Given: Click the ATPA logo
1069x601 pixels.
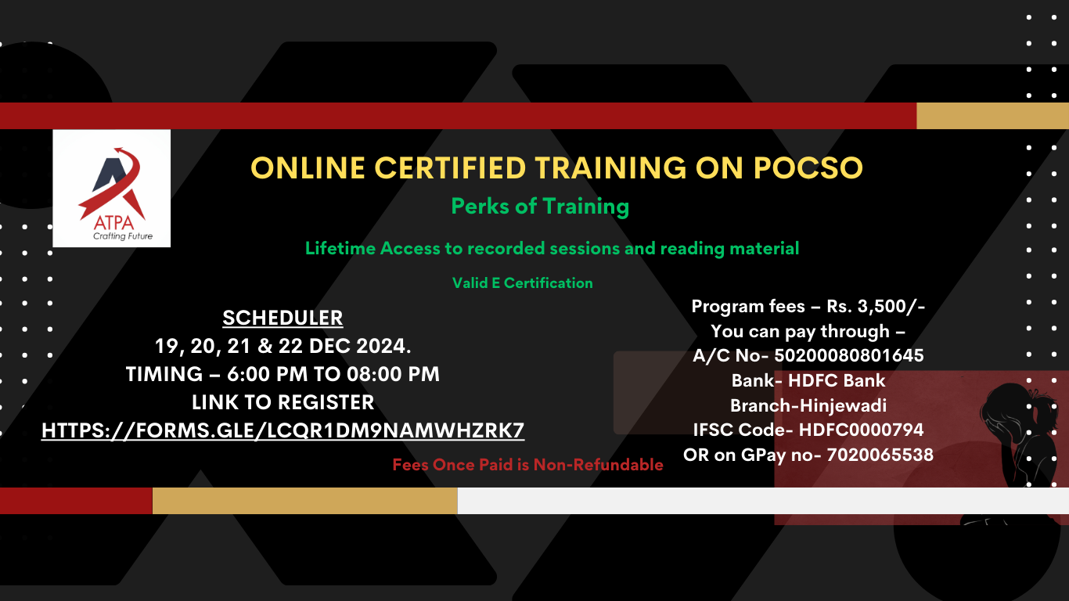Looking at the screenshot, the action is [x=111, y=189].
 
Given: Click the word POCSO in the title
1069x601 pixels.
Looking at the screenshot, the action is [x=808, y=168].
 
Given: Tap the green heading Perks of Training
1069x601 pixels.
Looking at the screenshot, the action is [x=540, y=207].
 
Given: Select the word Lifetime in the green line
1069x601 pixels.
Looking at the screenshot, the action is [x=340, y=248].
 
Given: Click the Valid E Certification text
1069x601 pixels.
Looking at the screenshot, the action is [x=523, y=283].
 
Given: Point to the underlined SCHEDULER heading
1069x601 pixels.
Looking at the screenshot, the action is [x=283, y=318].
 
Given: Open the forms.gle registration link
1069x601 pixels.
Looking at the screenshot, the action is [x=283, y=430].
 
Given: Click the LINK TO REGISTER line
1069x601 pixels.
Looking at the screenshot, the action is [x=283, y=402].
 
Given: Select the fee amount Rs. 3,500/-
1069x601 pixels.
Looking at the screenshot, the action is [x=876, y=307].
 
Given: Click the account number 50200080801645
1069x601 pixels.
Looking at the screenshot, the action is [x=848, y=355].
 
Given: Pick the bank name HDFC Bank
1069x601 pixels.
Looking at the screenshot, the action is [x=836, y=380].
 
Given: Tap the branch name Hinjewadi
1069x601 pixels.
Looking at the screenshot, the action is [x=840, y=406].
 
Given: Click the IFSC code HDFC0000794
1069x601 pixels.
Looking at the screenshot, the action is [x=861, y=430].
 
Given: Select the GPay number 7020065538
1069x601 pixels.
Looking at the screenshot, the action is [x=880, y=455].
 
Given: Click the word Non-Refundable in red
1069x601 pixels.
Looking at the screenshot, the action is [x=598, y=465].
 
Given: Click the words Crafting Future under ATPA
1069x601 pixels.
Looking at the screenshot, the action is [x=123, y=236].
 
